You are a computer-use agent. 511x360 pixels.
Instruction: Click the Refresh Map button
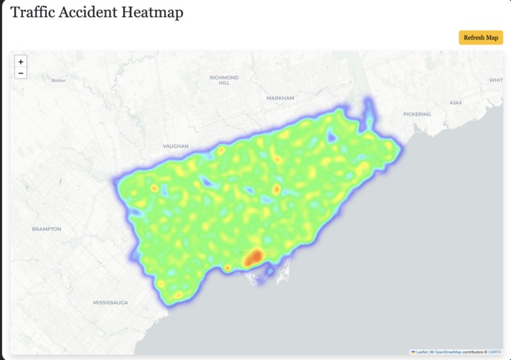click(481, 37)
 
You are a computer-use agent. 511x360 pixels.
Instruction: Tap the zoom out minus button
click(21, 74)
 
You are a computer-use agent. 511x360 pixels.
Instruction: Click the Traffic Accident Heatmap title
click(97, 12)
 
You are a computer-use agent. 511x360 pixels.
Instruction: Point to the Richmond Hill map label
click(224, 80)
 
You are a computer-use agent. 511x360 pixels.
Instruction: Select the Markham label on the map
click(280, 98)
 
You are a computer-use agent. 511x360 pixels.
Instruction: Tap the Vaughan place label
click(176, 146)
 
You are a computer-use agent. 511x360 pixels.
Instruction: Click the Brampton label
click(46, 229)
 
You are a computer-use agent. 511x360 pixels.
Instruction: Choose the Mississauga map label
click(110, 303)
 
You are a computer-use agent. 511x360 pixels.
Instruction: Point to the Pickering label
click(417, 114)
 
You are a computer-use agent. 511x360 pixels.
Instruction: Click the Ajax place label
click(456, 102)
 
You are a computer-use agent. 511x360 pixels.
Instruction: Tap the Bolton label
click(58, 80)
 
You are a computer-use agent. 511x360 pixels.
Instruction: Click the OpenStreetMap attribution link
click(448, 352)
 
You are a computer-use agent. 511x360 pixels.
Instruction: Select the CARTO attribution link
click(495, 352)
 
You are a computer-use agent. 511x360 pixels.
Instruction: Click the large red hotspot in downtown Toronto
click(254, 257)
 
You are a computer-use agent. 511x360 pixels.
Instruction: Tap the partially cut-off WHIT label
click(496, 80)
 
